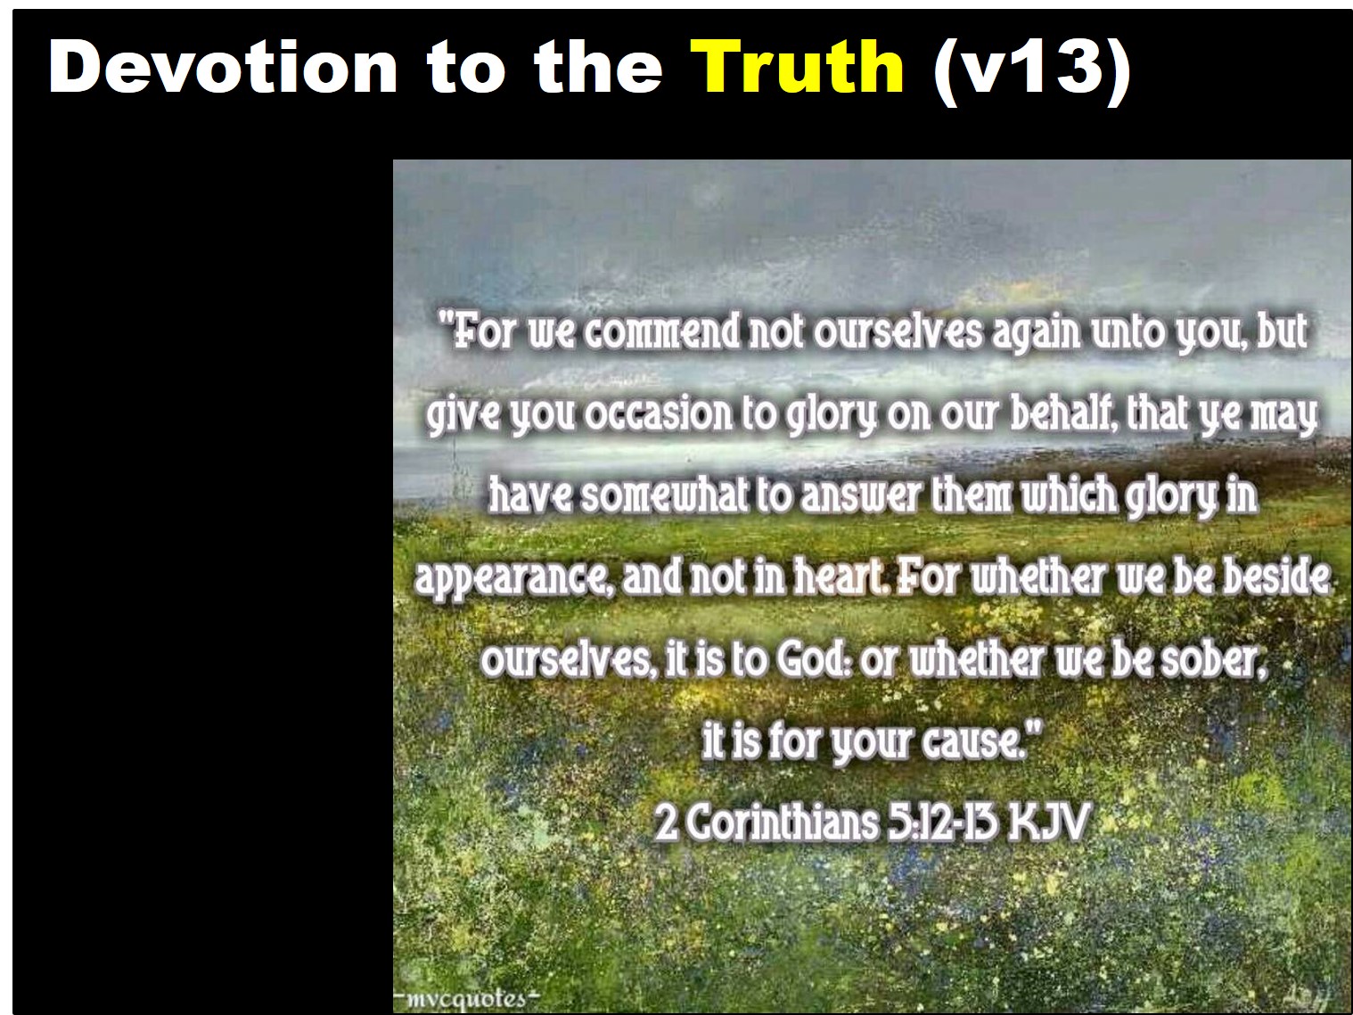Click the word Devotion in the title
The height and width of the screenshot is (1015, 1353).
[223, 67]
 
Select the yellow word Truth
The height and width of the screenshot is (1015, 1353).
[797, 67]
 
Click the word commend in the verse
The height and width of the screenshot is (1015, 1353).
[662, 332]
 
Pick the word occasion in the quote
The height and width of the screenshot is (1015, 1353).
[659, 415]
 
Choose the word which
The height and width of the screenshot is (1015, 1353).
[1070, 495]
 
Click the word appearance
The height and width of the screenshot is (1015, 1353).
[512, 580]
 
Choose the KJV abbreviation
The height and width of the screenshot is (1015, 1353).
[1048, 823]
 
